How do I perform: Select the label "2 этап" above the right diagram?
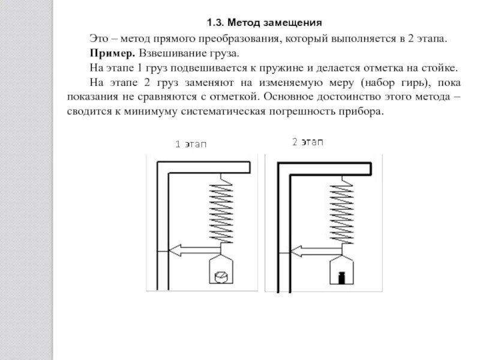click(x=307, y=142)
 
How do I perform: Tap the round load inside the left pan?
click(x=221, y=277)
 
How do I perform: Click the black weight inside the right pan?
click(x=341, y=277)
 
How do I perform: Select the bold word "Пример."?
click(x=108, y=53)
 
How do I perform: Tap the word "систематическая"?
click(x=230, y=112)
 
